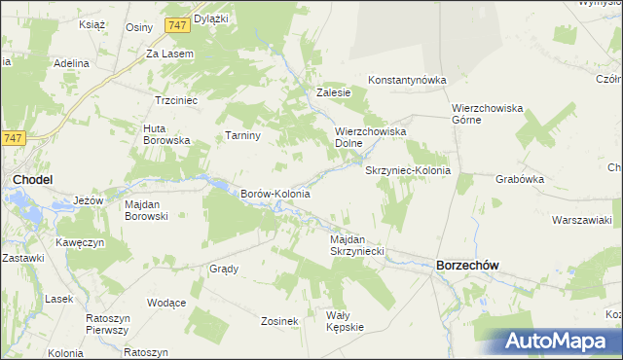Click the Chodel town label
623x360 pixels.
click(32, 179)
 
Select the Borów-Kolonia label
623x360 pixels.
click(275, 194)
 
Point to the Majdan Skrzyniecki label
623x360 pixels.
click(357, 245)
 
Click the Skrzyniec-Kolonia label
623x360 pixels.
click(408, 170)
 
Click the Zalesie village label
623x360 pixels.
click(333, 93)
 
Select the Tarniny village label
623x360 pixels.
click(242, 135)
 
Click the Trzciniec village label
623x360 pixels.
click(176, 100)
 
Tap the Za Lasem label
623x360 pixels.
click(170, 54)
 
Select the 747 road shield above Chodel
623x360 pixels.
click(13, 138)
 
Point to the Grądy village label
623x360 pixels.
click(224, 269)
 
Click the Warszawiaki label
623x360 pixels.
click(580, 219)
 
